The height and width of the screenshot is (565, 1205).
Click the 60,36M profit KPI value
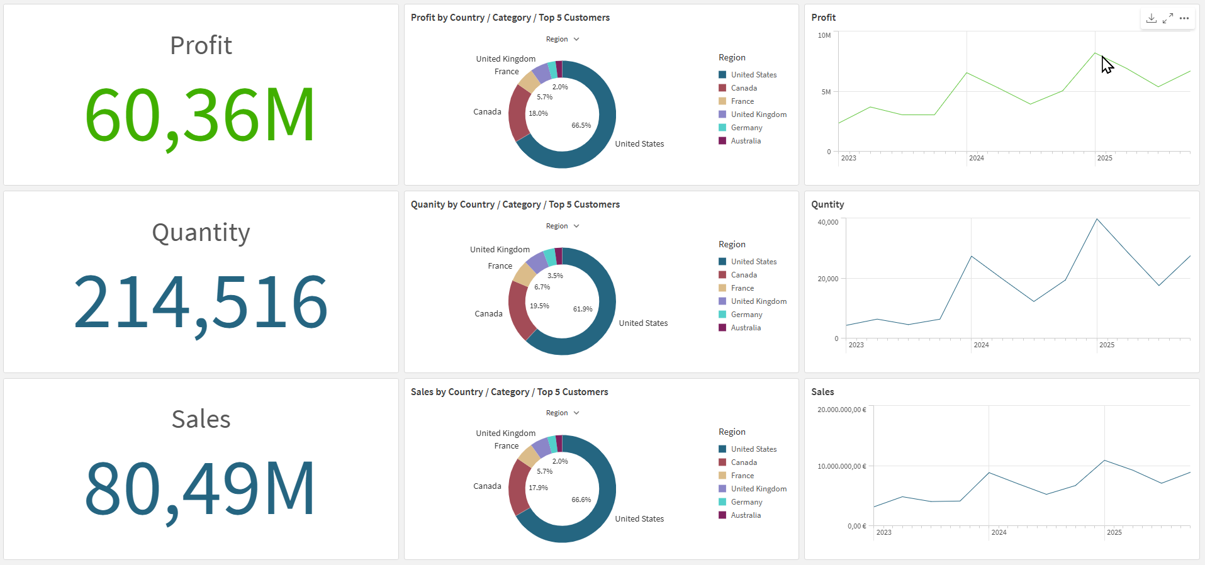(x=200, y=116)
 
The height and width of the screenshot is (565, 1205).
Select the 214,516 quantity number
(x=201, y=303)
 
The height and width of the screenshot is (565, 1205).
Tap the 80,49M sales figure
(x=200, y=489)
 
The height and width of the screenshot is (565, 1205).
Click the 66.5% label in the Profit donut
(x=581, y=125)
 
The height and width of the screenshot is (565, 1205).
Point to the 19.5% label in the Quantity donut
(x=539, y=306)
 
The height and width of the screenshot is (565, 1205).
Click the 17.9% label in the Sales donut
(x=538, y=488)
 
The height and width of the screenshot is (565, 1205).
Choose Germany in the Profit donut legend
(x=746, y=128)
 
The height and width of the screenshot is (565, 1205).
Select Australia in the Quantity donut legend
(x=746, y=328)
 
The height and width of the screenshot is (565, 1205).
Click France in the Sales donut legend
(x=743, y=476)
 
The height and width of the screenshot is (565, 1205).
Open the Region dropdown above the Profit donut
(x=563, y=39)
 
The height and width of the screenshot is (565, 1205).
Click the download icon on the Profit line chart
(x=1152, y=18)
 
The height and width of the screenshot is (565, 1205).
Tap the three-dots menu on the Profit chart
(x=1184, y=18)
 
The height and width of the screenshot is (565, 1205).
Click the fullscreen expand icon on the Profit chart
(x=1168, y=18)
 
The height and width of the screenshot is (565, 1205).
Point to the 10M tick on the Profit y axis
(x=824, y=35)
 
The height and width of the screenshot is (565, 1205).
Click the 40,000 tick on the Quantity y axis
(x=828, y=222)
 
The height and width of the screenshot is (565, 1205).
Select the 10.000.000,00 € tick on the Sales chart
(x=842, y=466)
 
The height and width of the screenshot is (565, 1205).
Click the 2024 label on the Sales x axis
(x=999, y=532)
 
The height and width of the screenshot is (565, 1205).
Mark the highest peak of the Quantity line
(x=1097, y=219)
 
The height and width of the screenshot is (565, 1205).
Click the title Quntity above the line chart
(x=827, y=204)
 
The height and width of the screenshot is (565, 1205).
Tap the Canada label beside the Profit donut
(x=487, y=111)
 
